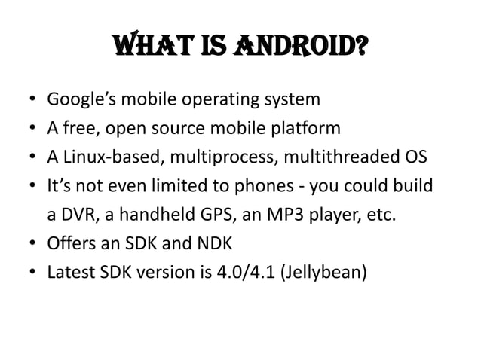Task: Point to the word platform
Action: click(x=302, y=128)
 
